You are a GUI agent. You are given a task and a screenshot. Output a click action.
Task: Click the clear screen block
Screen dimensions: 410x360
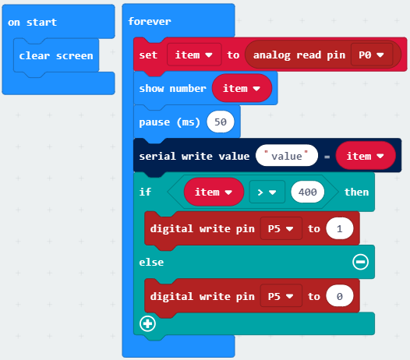point(56,55)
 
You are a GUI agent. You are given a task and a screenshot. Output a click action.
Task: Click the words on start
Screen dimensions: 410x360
point(32,23)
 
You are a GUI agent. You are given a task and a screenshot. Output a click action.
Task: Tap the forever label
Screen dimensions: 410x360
point(150,21)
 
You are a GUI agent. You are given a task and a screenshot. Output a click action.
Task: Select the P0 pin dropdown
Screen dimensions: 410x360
point(372,55)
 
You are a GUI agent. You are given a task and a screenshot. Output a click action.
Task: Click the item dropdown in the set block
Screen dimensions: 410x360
point(194,55)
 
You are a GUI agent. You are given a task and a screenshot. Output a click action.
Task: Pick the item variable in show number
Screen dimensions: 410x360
point(242,88)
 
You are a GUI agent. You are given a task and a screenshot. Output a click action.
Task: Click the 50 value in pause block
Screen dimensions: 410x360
point(221,122)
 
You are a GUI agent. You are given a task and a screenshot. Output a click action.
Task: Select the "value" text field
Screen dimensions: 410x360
point(287,156)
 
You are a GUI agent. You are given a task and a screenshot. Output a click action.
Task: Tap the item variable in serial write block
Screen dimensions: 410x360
point(366,156)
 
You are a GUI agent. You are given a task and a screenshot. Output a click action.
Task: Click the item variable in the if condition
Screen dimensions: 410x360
point(214,192)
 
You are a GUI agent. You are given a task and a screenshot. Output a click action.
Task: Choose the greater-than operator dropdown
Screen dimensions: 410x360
point(267,192)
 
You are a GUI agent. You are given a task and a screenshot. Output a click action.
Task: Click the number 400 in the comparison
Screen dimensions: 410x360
point(307,192)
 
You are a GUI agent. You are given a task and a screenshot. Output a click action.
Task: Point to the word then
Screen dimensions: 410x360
point(356,192)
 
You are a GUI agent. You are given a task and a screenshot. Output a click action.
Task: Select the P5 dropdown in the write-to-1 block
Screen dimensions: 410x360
point(281,228)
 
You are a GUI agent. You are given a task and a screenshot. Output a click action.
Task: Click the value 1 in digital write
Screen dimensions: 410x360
point(340,228)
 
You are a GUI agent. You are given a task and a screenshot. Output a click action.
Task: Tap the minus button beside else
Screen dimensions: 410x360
point(361,262)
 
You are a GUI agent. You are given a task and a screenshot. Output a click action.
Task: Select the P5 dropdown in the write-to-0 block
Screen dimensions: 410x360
point(281,296)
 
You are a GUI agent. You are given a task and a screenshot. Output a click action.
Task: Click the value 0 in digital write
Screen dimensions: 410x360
point(340,296)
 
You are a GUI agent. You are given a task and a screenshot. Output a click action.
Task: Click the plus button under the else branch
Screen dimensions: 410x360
point(148,323)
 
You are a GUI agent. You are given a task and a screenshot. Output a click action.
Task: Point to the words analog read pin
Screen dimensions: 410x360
point(299,55)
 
